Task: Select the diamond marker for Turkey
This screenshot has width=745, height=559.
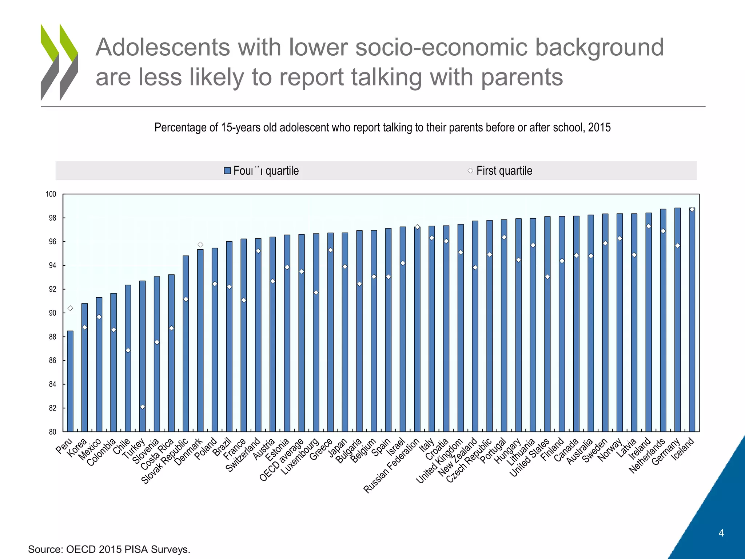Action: click(x=143, y=407)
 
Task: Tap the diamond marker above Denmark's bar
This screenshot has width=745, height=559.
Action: click(x=200, y=245)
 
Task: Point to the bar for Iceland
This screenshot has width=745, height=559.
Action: click(x=692, y=320)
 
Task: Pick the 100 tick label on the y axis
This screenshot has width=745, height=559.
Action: click(x=51, y=194)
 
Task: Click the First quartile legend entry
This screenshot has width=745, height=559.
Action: click(x=504, y=171)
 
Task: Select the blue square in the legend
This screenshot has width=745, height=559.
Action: click(x=227, y=171)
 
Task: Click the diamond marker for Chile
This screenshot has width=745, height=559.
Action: click(x=128, y=350)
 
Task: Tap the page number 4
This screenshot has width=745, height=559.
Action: click(x=721, y=533)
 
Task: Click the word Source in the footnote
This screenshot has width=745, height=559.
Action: click(x=44, y=549)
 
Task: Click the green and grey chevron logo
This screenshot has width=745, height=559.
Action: click(x=59, y=62)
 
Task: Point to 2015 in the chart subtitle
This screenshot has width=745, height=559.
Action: click(x=599, y=127)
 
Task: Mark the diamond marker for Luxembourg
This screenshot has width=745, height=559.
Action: click(x=316, y=293)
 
